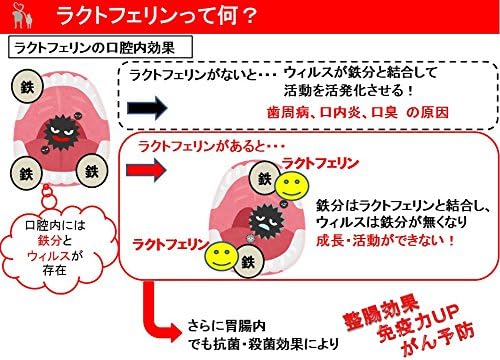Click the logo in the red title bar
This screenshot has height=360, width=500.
tap(22, 17)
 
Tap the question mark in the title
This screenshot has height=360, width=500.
tap(248, 16)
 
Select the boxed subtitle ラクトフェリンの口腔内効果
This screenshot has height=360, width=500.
tap(100, 47)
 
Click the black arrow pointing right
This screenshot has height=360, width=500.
tap(147, 108)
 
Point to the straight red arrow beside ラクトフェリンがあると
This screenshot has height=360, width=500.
tap(146, 170)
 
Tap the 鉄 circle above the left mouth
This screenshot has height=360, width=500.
tap(27, 87)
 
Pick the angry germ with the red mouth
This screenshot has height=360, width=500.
tap(62, 132)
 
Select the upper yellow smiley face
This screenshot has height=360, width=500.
tap(292, 186)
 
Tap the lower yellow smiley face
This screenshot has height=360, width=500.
tap(221, 256)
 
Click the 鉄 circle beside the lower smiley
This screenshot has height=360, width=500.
tap(248, 262)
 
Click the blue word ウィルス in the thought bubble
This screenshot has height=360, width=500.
tap(49, 256)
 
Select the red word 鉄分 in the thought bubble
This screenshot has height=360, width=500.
tap(49, 240)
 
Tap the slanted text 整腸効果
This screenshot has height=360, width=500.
tap(381, 311)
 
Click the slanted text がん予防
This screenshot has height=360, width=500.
tap(438, 338)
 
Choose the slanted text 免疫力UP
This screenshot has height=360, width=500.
tap(419, 322)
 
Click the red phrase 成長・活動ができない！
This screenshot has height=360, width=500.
tap(385, 240)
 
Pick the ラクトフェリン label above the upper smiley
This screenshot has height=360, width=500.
tap(320, 163)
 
